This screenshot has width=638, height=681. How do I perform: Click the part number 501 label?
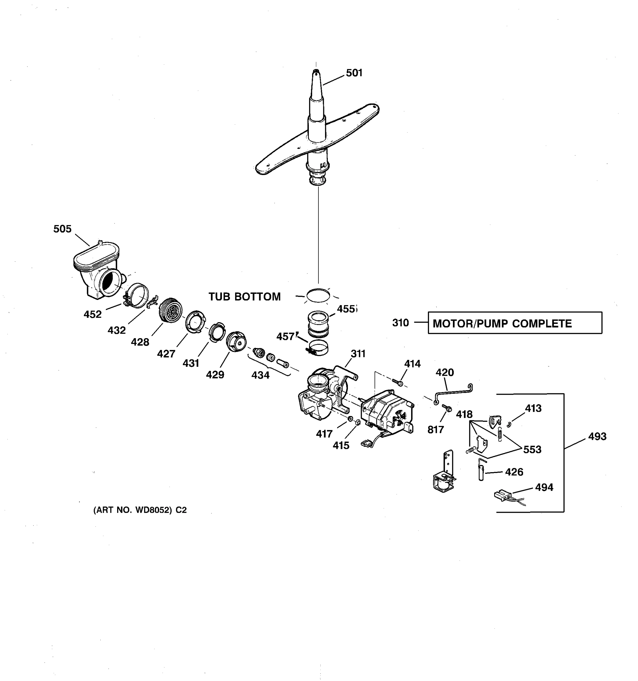click(354, 73)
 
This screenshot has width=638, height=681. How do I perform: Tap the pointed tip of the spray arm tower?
click(316, 72)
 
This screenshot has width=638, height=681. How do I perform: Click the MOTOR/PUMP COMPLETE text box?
click(514, 323)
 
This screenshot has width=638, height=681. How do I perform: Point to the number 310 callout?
click(400, 323)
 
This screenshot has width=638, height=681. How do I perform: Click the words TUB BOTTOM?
click(244, 297)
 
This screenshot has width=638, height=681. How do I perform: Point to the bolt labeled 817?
click(447, 408)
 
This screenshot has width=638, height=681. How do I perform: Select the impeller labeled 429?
click(236, 341)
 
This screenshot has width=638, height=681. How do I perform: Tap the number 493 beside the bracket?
click(597, 436)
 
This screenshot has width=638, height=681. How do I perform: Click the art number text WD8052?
click(140, 510)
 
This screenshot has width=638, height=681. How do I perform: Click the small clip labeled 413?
click(509, 425)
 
